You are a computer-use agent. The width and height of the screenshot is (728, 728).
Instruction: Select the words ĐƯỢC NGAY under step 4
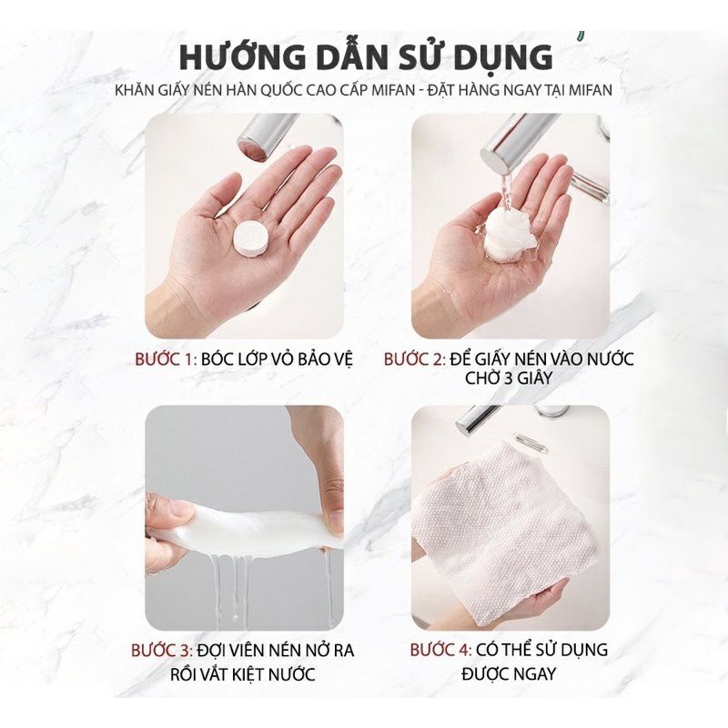[507, 674]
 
